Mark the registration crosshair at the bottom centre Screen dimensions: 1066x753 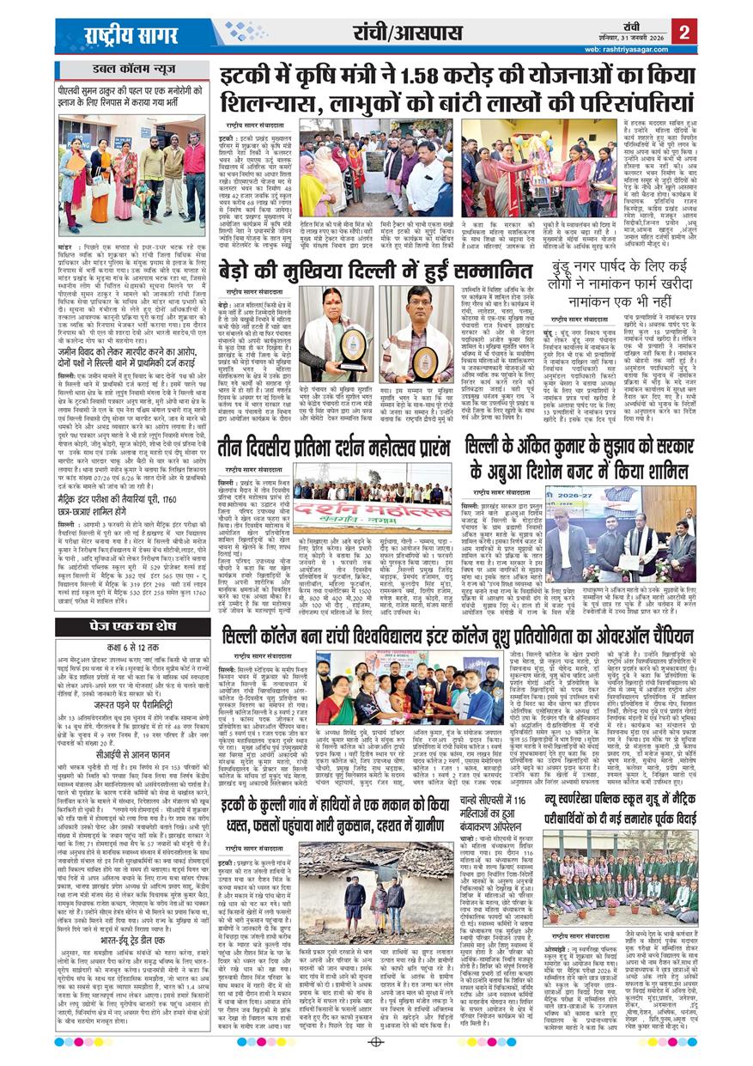point(375,1042)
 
